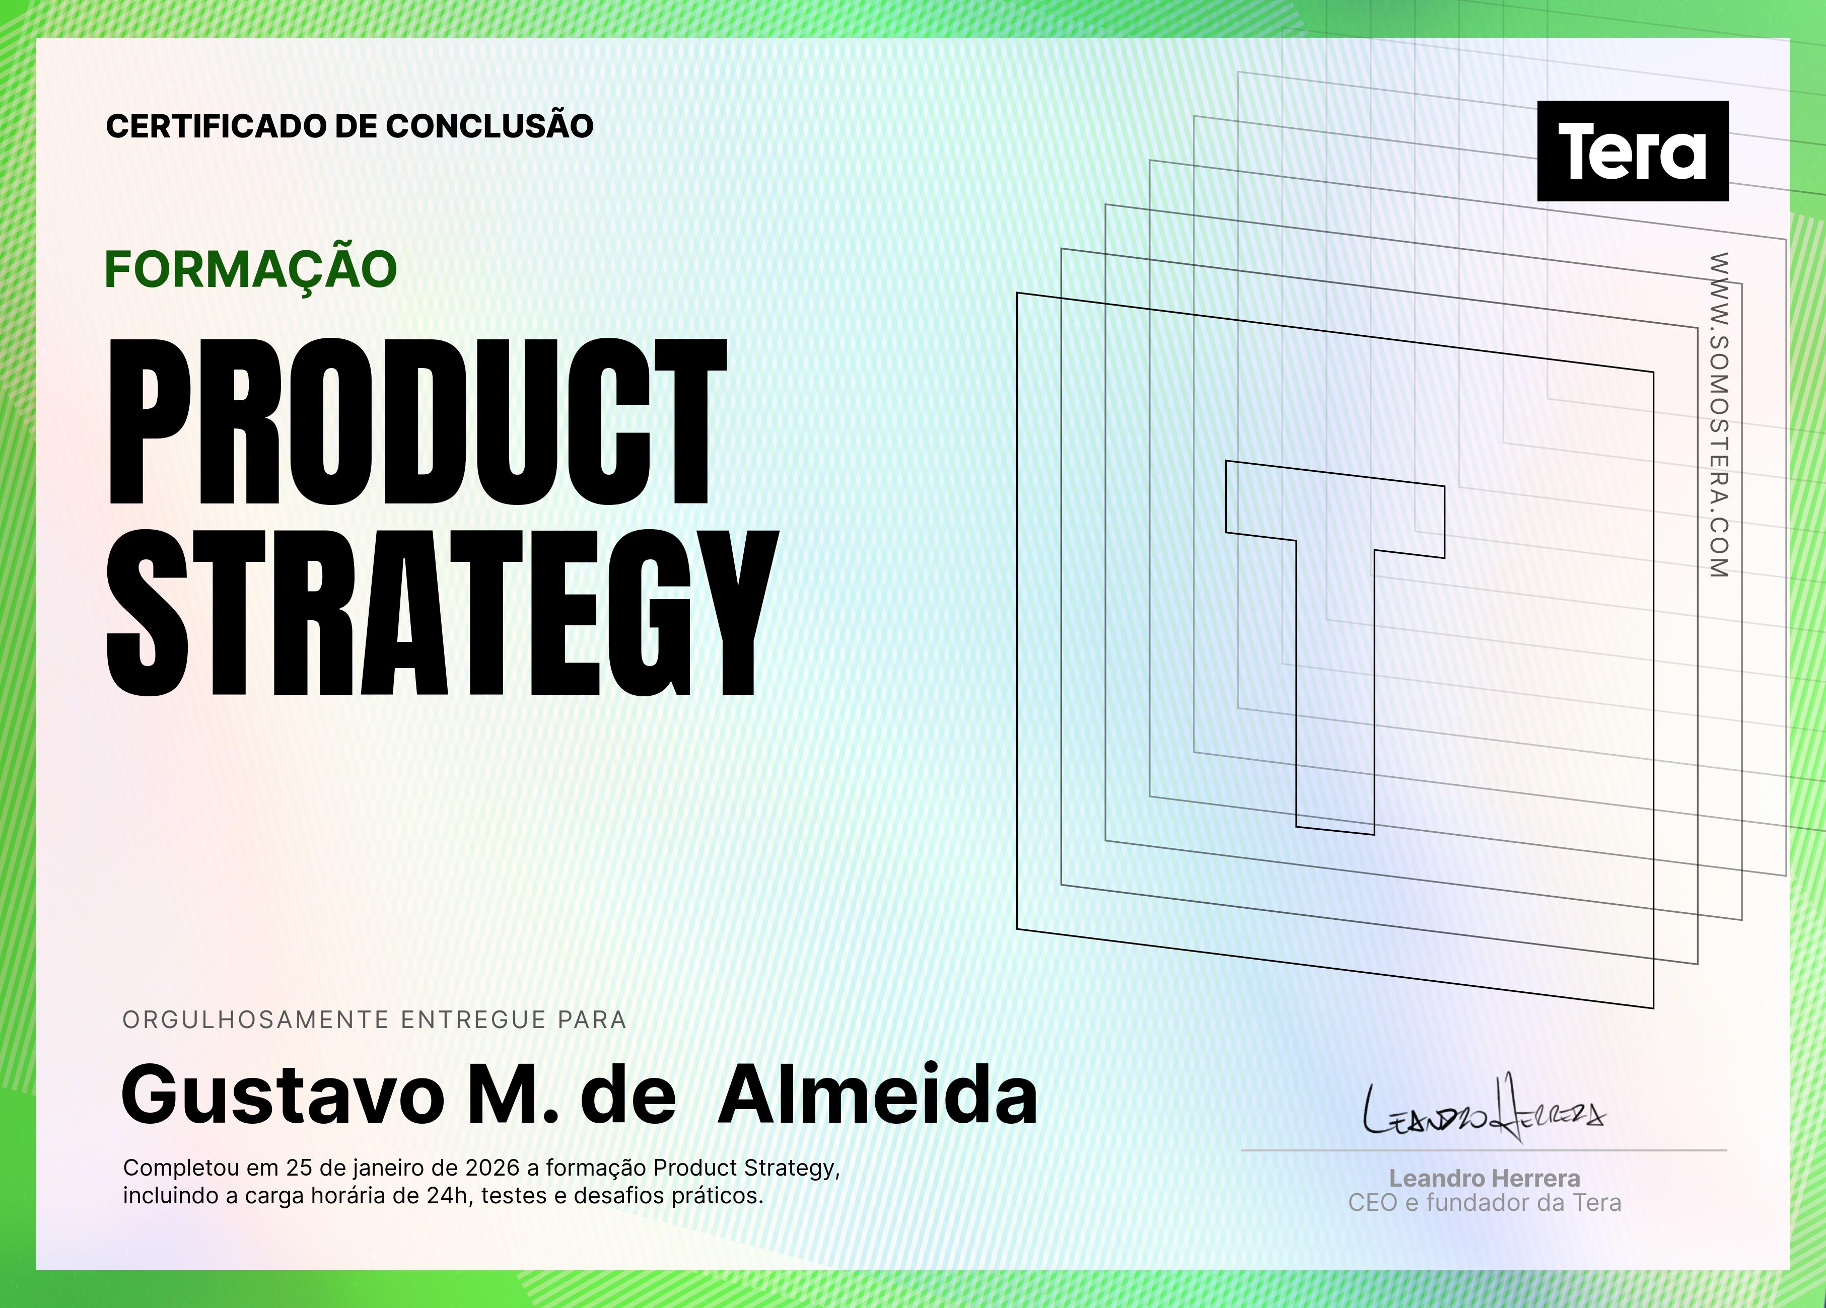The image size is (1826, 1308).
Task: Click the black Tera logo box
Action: click(x=1633, y=151)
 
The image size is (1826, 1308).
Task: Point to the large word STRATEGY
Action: click(x=442, y=613)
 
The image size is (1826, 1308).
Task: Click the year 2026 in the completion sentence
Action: click(x=492, y=1168)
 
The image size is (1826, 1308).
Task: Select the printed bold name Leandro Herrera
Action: click(x=1485, y=1179)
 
